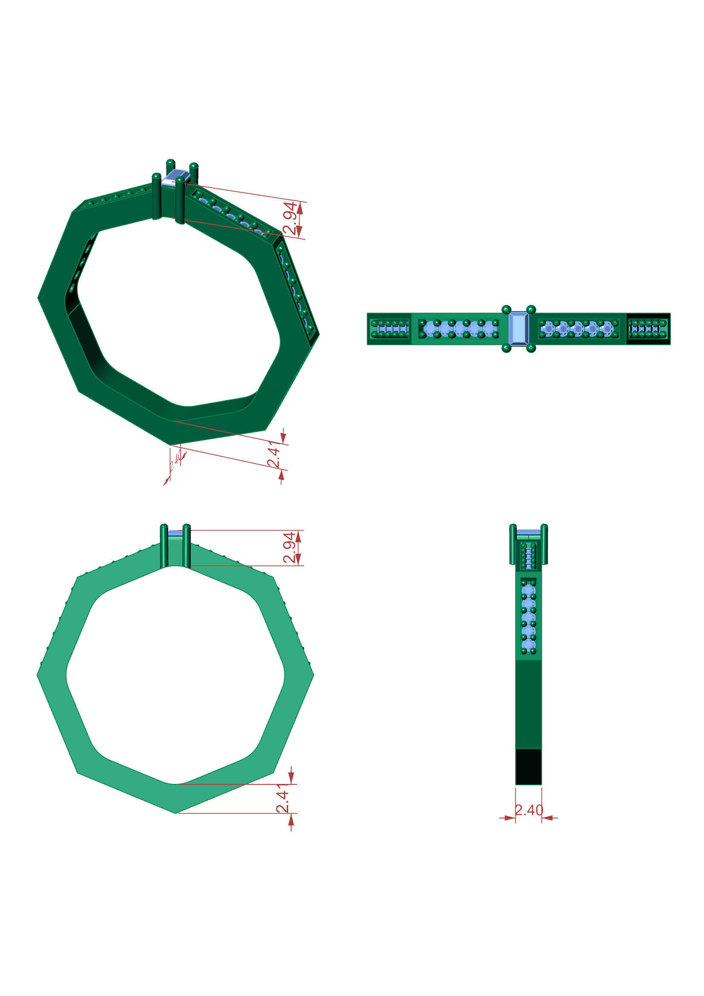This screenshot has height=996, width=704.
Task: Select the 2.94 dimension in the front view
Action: pyautogui.click(x=290, y=547)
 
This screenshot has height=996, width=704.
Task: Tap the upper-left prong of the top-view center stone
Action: pyautogui.click(x=506, y=309)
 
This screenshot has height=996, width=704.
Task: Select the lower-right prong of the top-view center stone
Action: pyautogui.click(x=531, y=348)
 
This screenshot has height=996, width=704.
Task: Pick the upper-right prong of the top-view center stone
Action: pyautogui.click(x=531, y=309)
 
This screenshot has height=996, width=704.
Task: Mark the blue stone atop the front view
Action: pyautogui.click(x=175, y=533)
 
